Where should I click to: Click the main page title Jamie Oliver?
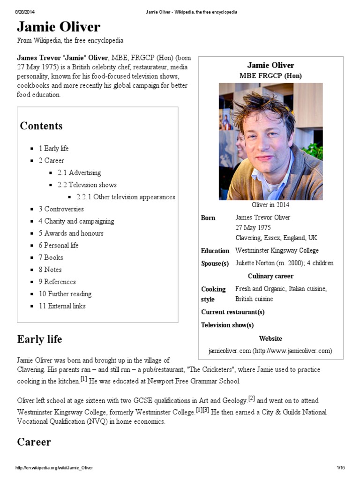tap(59, 26)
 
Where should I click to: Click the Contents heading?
tap(41, 126)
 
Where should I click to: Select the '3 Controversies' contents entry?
tap(61, 209)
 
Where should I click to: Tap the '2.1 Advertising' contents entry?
tap(79, 172)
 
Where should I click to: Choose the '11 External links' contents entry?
tap(62, 306)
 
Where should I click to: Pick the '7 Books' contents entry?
tap(51, 257)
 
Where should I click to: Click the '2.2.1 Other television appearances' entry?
tap(126, 197)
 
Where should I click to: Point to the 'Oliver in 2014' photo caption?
tap(270, 205)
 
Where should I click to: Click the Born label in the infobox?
tap(208, 218)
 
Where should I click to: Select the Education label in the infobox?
tap(215, 251)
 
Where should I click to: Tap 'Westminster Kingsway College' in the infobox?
tap(277, 250)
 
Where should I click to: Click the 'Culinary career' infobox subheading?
tap(270, 276)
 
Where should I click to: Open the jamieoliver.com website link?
tap(270, 351)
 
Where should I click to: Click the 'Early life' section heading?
tap(39, 339)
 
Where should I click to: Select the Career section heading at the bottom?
tap(34, 442)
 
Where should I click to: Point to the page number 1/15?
tap(341, 468)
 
